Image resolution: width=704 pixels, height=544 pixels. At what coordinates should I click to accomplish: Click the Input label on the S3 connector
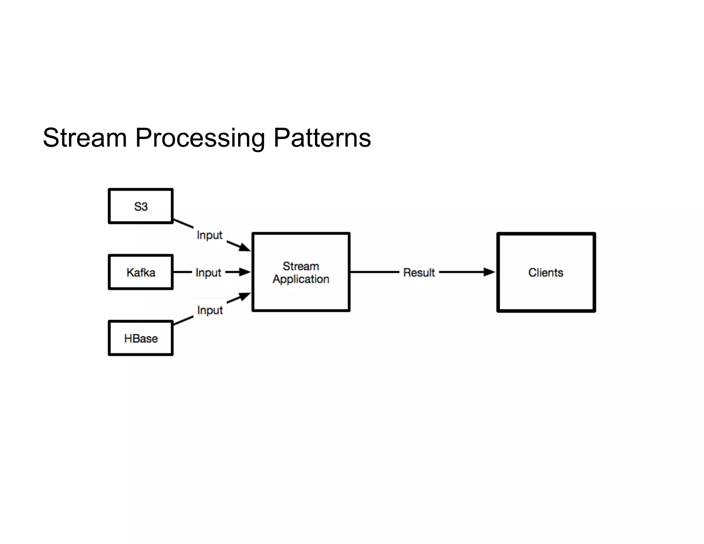pyautogui.click(x=209, y=235)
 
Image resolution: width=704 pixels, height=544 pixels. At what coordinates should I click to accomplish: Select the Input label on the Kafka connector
pyautogui.click(x=208, y=273)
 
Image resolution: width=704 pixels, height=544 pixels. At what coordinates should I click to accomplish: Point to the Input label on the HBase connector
pyautogui.click(x=210, y=310)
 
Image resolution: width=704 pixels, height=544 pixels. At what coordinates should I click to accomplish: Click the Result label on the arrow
pyautogui.click(x=419, y=273)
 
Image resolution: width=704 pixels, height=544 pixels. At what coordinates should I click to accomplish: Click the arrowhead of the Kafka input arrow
pyautogui.click(x=245, y=272)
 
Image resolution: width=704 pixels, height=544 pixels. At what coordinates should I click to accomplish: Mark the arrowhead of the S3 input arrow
pyautogui.click(x=245, y=247)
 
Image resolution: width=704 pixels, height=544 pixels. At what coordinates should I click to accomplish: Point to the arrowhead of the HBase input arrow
pyautogui.click(x=245, y=296)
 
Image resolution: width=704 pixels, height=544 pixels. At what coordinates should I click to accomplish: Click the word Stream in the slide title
pyautogui.click(x=85, y=138)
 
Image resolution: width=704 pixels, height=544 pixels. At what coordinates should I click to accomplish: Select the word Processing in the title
pyautogui.click(x=200, y=138)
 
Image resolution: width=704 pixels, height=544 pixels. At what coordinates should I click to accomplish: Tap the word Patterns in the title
pyautogui.click(x=322, y=138)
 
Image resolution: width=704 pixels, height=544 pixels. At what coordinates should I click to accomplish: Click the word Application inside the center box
pyautogui.click(x=301, y=279)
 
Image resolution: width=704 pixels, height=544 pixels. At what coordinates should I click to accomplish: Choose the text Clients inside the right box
pyautogui.click(x=546, y=273)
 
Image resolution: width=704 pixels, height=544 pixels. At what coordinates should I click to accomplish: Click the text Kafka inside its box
pyautogui.click(x=141, y=273)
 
